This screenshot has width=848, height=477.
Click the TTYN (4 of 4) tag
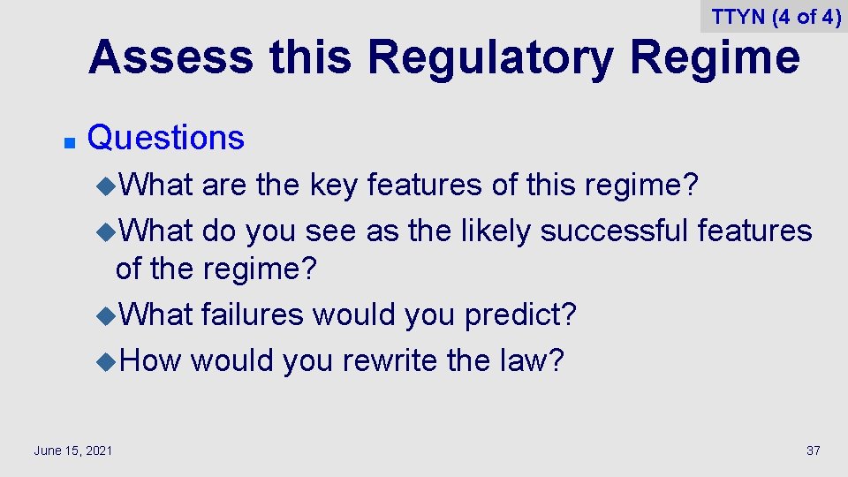click(776, 17)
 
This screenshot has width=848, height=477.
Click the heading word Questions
click(166, 138)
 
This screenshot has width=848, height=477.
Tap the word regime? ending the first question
click(643, 185)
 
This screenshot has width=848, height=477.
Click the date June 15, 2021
click(73, 451)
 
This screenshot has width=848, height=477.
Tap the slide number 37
click(814, 451)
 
